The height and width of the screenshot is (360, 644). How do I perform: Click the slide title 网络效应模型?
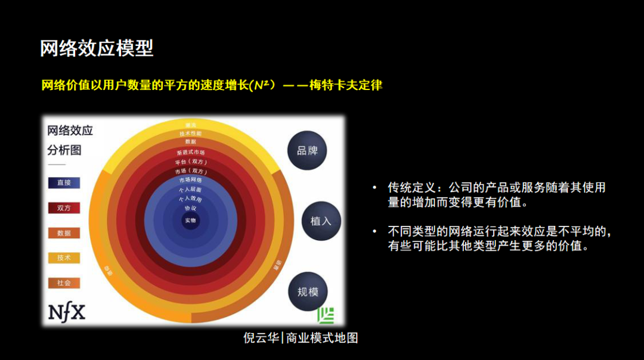tap(97, 48)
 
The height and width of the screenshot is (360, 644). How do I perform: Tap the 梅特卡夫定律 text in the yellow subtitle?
tap(346, 85)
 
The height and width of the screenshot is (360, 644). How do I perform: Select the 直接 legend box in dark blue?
tap(64, 183)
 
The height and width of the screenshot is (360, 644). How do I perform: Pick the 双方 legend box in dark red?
tap(64, 208)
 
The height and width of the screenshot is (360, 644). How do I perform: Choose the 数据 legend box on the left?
tap(64, 233)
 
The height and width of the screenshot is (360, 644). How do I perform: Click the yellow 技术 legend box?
tap(64, 258)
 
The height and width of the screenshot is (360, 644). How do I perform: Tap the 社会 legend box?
tap(64, 283)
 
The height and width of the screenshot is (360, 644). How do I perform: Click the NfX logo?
tap(66, 312)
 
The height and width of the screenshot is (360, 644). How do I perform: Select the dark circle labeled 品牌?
tap(307, 150)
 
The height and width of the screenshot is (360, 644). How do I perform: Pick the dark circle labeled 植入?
tap(320, 221)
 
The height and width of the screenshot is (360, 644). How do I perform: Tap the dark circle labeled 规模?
tap(307, 291)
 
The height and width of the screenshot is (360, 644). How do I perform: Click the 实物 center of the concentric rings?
tap(190, 221)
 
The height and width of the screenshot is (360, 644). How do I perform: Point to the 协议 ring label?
tap(190, 209)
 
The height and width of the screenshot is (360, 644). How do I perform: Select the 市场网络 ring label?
tap(190, 180)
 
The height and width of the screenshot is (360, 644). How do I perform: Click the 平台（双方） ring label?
tap(190, 162)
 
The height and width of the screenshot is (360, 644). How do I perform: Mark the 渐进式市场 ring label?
tap(190, 153)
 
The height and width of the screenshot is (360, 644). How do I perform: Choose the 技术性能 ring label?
tap(190, 134)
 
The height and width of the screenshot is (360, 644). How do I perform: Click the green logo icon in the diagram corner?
tap(326, 315)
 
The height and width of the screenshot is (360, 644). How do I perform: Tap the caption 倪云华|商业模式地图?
tap(301, 338)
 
